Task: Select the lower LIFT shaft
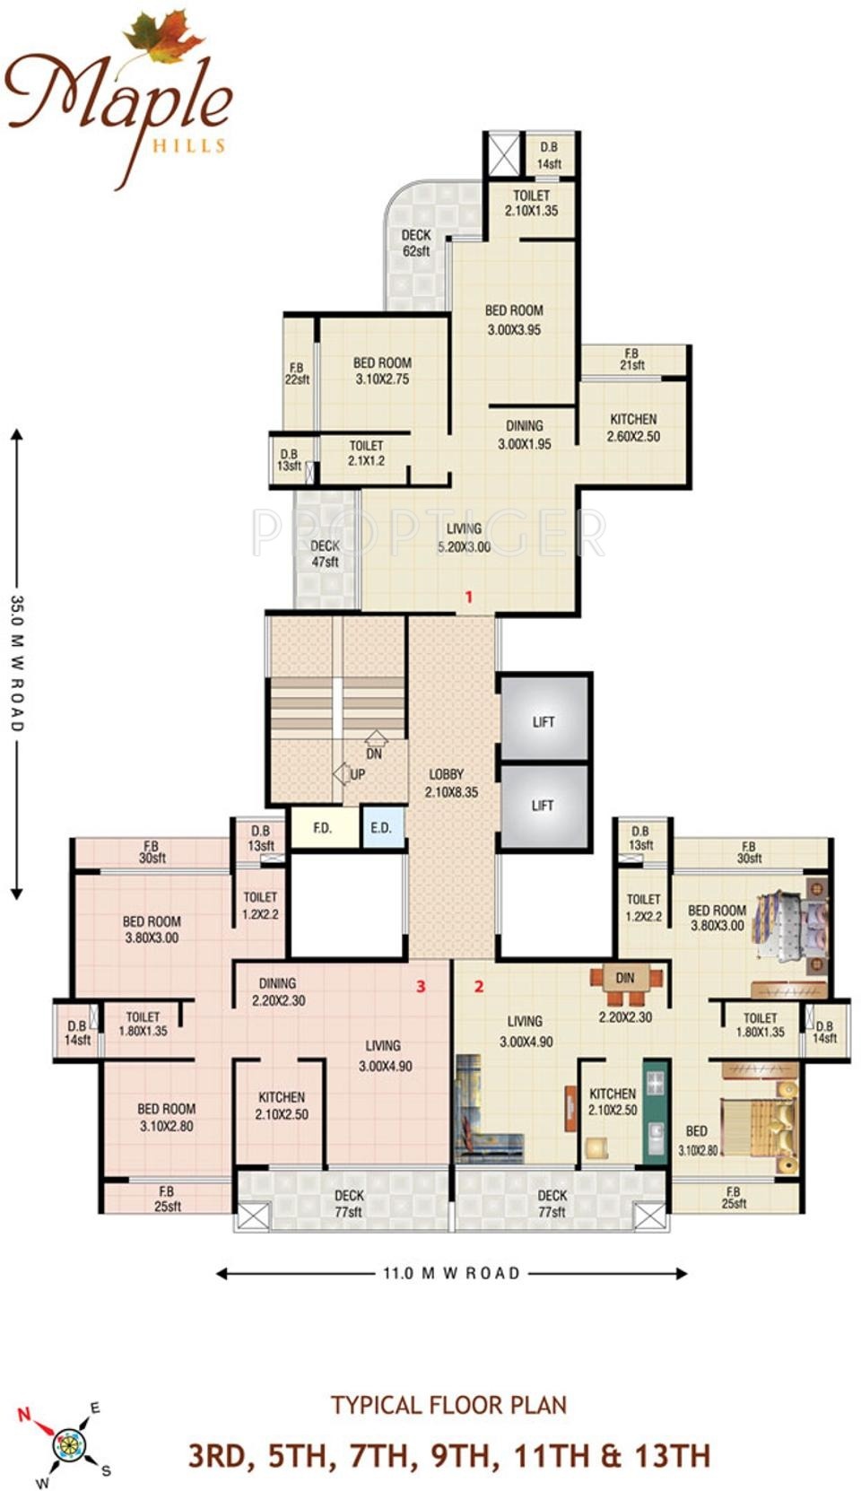click(544, 807)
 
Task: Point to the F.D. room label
click(323, 828)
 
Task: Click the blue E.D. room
click(382, 827)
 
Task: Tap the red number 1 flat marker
click(469, 597)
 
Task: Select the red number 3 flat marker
click(421, 987)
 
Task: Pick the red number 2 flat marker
click(479, 987)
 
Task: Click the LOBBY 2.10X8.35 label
click(450, 783)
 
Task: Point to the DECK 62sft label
click(416, 243)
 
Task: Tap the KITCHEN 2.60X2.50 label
click(633, 428)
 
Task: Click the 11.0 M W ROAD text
click(451, 1273)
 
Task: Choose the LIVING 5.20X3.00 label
click(464, 538)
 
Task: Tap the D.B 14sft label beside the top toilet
click(549, 155)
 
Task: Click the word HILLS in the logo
click(189, 145)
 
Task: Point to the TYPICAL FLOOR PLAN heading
click(449, 1405)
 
